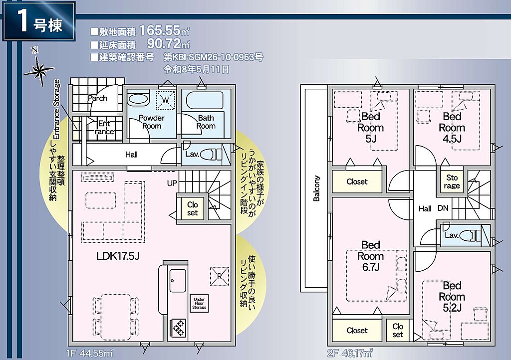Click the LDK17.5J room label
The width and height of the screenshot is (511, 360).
coord(118,256)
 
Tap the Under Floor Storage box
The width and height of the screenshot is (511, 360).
coord(199,303)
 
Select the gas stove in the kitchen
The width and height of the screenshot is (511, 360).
coord(178,328)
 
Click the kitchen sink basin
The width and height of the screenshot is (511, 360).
coord(178,280)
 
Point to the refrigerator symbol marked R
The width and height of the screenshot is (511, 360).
coord(220,276)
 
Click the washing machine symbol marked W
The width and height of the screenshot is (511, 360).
coord(165,100)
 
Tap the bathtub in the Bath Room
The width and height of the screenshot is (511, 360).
coord(204,100)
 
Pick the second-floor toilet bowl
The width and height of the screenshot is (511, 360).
coord(470,235)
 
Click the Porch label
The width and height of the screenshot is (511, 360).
coord(97,98)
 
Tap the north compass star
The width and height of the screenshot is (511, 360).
coord(39,69)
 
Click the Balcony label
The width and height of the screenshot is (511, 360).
coord(316,188)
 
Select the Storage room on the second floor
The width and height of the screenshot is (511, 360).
coord(452,181)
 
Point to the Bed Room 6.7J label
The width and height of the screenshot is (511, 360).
coord(371,256)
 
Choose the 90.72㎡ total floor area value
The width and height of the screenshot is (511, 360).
coord(168,43)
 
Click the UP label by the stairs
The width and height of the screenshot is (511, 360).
coord(172,183)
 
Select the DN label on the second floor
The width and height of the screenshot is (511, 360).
coord(443,208)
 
